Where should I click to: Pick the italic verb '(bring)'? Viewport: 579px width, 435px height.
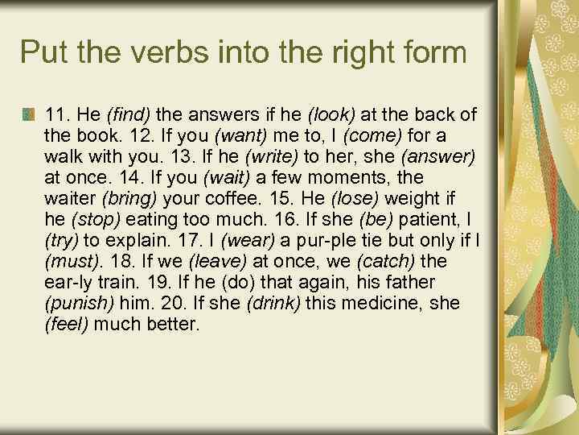click(125, 198)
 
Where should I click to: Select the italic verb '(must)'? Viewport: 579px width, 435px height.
click(71, 261)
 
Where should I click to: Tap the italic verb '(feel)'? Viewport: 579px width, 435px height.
click(71, 324)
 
